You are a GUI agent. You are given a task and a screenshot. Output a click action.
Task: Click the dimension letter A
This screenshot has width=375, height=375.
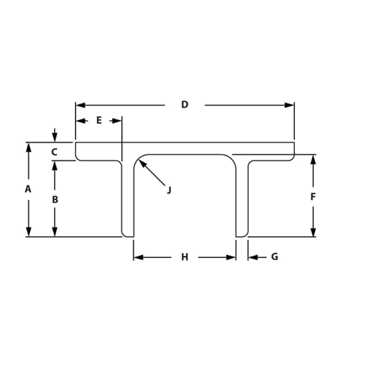click(x=28, y=189)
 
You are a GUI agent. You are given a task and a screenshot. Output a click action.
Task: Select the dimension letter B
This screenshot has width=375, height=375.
click(x=54, y=199)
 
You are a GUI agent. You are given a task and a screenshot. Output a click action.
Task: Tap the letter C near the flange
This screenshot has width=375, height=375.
click(x=54, y=152)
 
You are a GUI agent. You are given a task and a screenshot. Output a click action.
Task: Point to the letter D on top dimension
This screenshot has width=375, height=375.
click(x=184, y=105)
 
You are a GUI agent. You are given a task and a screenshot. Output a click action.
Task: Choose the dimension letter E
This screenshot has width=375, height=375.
click(x=99, y=120)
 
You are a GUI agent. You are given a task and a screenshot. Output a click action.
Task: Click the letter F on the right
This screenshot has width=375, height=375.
click(x=313, y=196)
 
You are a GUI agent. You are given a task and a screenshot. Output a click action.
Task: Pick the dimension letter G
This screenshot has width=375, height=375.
click(x=274, y=257)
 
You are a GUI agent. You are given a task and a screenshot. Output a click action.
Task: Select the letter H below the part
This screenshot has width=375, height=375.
click(x=184, y=257)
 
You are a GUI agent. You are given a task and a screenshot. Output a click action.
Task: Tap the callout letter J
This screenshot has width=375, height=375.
click(x=169, y=190)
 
